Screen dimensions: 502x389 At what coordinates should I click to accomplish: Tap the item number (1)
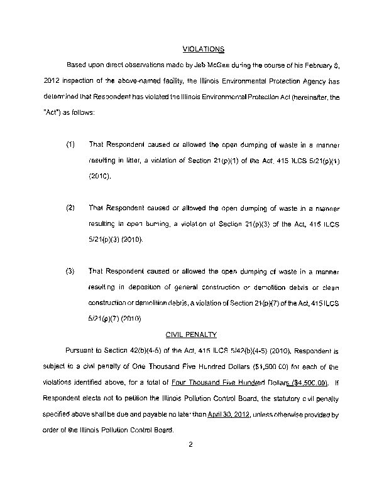70,144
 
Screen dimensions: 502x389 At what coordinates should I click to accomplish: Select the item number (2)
70,207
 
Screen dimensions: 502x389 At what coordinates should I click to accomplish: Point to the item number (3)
70,271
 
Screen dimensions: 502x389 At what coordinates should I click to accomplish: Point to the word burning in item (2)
149,224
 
